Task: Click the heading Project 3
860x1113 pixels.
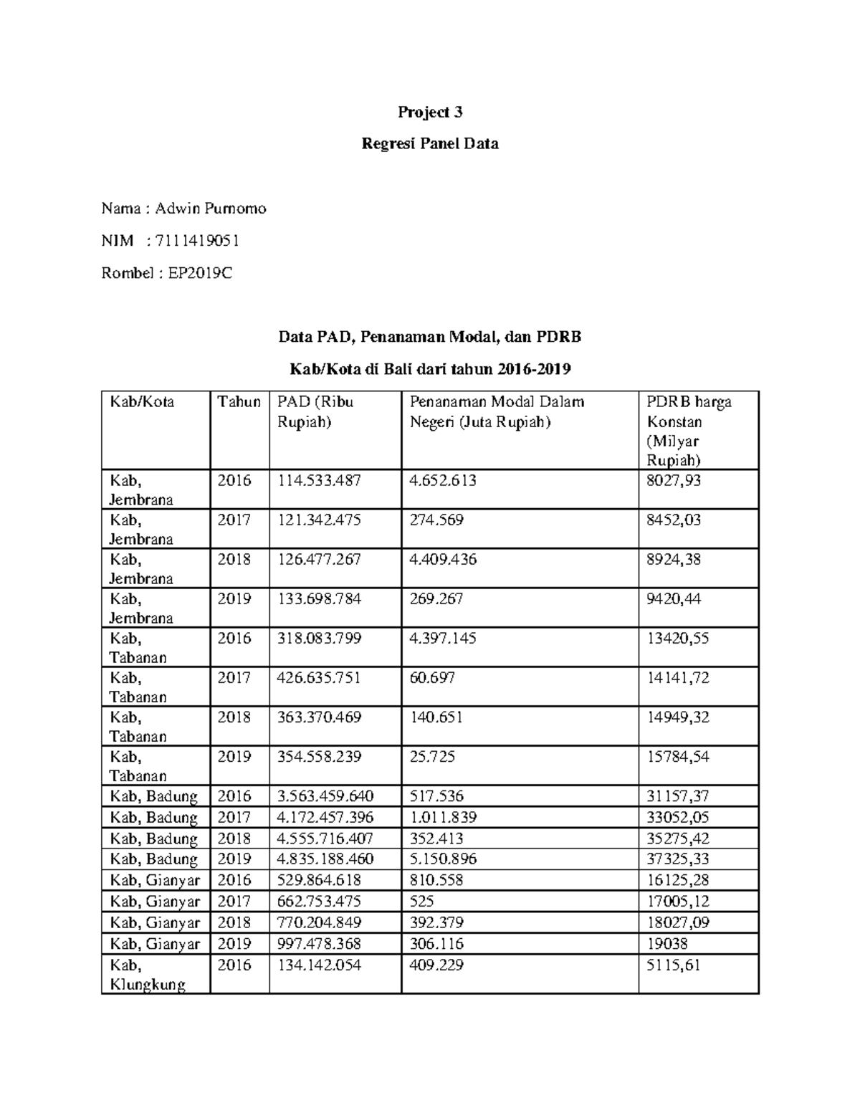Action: pos(430,112)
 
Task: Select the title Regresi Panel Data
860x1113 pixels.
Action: pos(430,143)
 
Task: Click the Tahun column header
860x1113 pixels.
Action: pos(239,402)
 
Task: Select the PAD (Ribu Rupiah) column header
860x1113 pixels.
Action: pos(315,411)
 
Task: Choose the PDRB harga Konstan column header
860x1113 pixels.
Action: pos(688,430)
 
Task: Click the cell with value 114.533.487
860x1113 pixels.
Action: pos(319,481)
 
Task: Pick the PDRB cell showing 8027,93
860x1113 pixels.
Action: pos(673,481)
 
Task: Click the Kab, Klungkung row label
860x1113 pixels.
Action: pos(147,975)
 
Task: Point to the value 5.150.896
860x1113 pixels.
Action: pos(442,859)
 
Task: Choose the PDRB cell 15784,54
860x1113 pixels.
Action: pos(677,757)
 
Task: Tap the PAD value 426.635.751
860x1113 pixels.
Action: pos(319,678)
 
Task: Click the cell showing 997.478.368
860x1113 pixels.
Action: pos(319,943)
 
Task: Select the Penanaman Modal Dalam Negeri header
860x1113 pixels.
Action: pos(496,411)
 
